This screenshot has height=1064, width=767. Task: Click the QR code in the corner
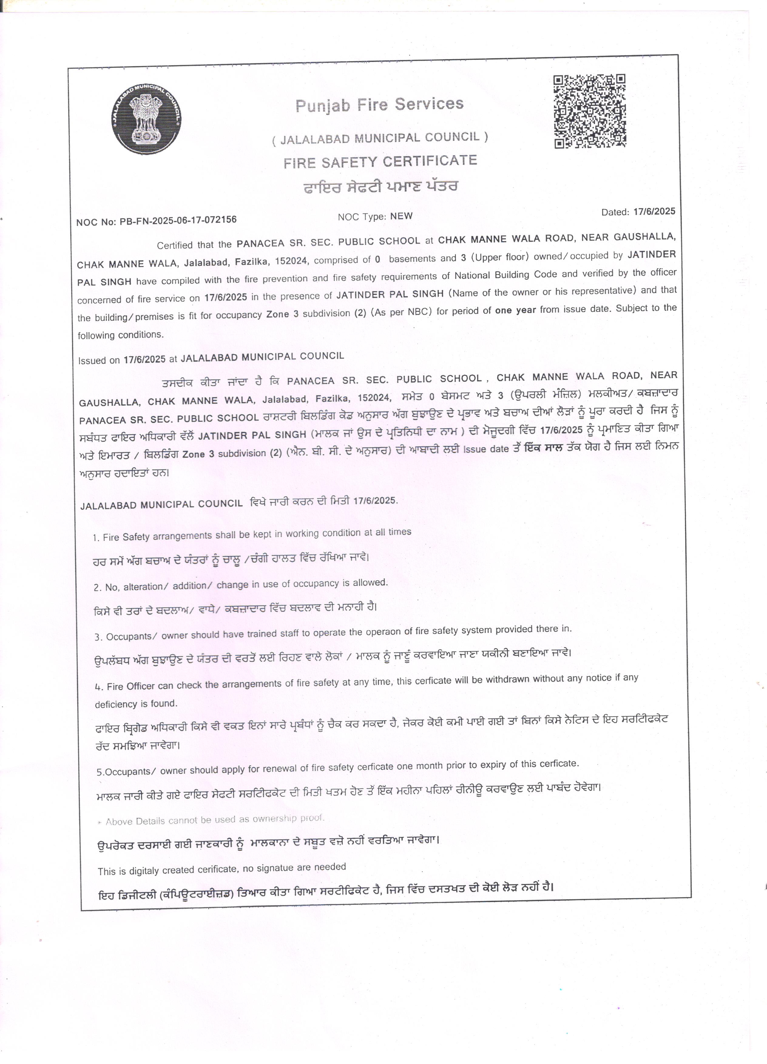tap(590, 111)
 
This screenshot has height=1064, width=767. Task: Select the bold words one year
tap(515, 310)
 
